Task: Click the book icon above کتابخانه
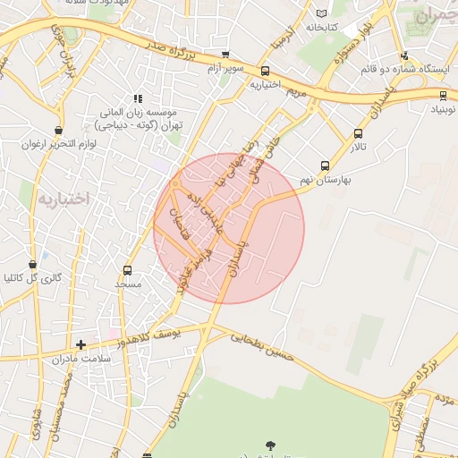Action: tap(322, 13)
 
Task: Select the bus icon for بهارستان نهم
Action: tap(326, 165)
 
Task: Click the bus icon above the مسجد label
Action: tap(127, 270)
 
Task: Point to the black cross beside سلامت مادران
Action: tap(81, 343)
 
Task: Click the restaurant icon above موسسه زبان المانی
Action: tap(138, 98)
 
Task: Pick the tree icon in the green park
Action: tap(270, 445)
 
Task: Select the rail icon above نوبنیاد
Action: tap(443, 95)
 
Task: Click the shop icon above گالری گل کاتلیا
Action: tap(33, 265)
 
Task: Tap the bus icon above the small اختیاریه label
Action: tap(265, 72)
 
